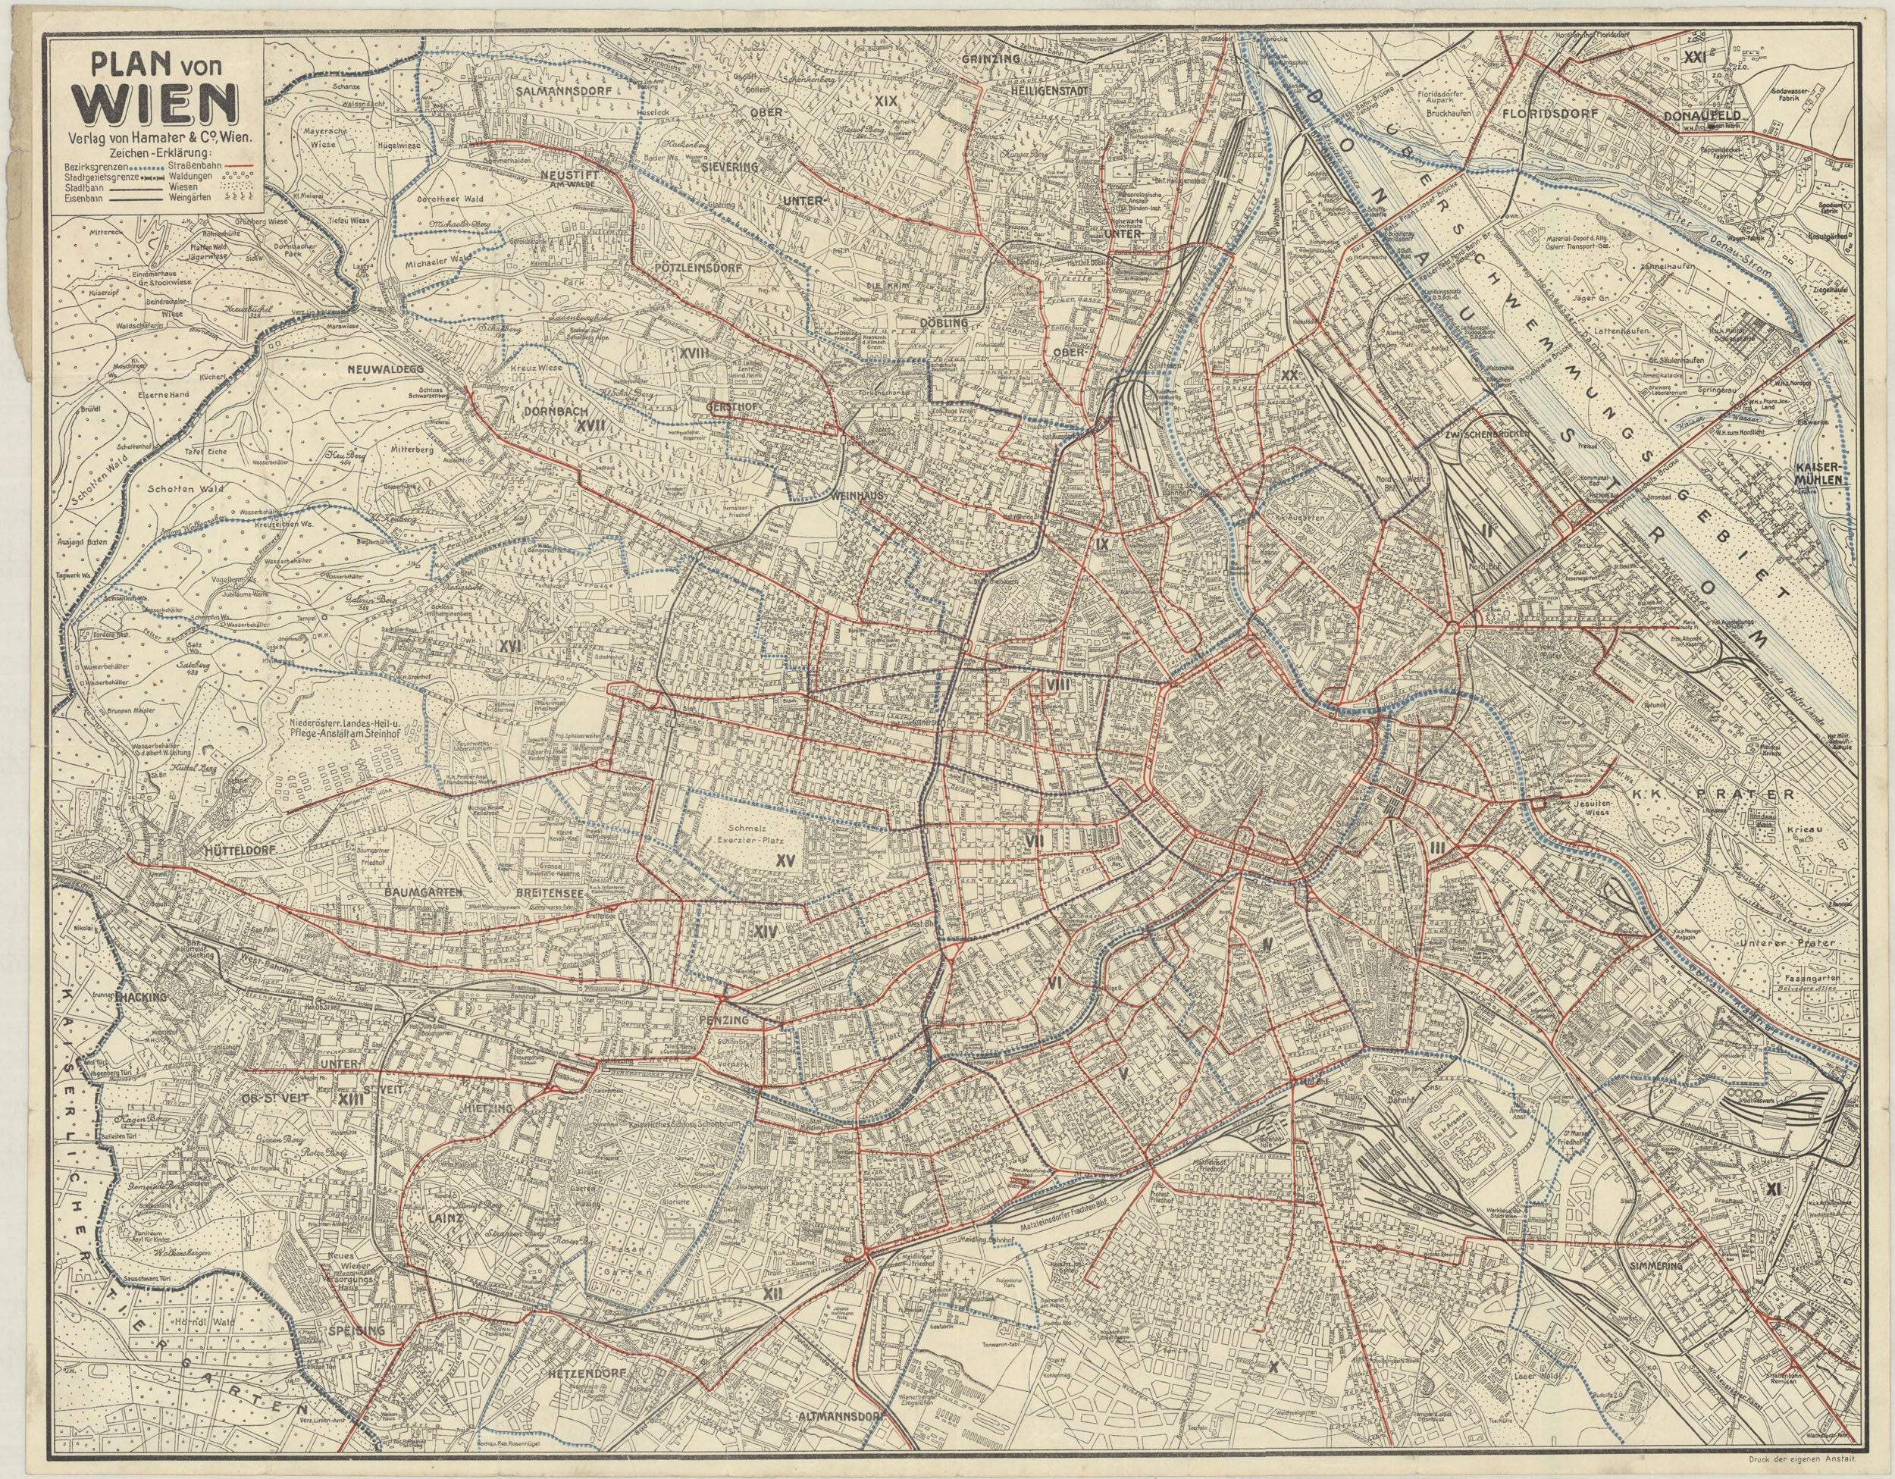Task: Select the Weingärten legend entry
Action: (196, 197)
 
